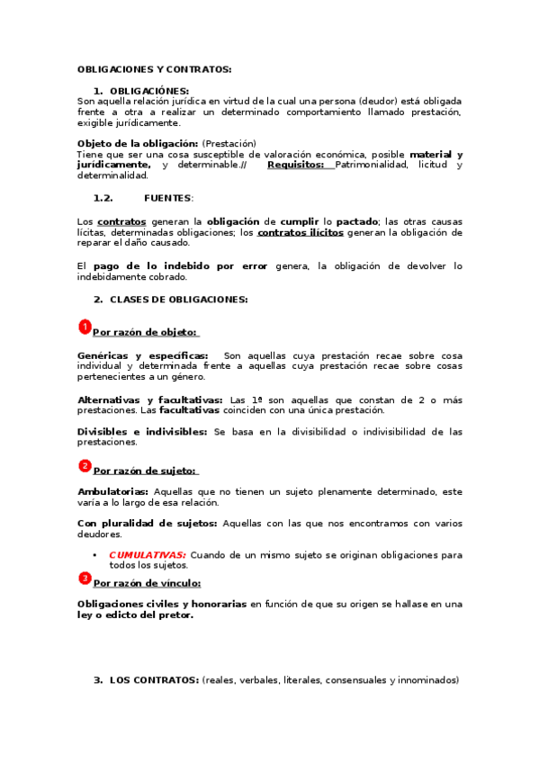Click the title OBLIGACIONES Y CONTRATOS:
(154, 69)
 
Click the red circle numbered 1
(85, 327)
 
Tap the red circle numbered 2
(85, 465)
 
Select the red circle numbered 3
(85, 578)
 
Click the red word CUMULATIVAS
(148, 555)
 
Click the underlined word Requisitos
(295, 165)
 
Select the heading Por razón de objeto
(146, 332)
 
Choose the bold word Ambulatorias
(112, 491)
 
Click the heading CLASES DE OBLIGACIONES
(178, 299)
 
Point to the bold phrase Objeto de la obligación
(137, 144)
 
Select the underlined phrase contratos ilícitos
(300, 232)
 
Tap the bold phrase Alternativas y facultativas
(150, 399)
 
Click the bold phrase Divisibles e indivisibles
(142, 432)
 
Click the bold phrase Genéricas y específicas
(142, 355)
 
